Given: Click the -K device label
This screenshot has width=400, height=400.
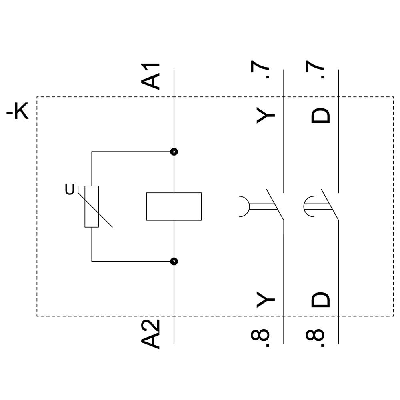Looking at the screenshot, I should (18, 112).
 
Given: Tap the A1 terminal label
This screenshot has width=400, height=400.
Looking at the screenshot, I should (151, 76).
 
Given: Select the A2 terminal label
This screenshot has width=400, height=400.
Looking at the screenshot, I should (151, 334).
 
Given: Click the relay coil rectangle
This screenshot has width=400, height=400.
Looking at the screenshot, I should (174, 206).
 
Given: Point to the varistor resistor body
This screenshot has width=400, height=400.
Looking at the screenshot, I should (92, 206).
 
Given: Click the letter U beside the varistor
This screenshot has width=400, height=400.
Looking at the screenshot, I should (70, 190).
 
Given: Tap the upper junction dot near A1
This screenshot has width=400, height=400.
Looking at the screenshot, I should (174, 152).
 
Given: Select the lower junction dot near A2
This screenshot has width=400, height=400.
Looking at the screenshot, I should (174, 261).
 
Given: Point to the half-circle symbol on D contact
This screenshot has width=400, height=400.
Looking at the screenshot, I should (307, 206).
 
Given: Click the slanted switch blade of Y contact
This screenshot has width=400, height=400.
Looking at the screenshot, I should (275, 204).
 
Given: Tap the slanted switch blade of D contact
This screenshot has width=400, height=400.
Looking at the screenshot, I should (330, 204).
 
